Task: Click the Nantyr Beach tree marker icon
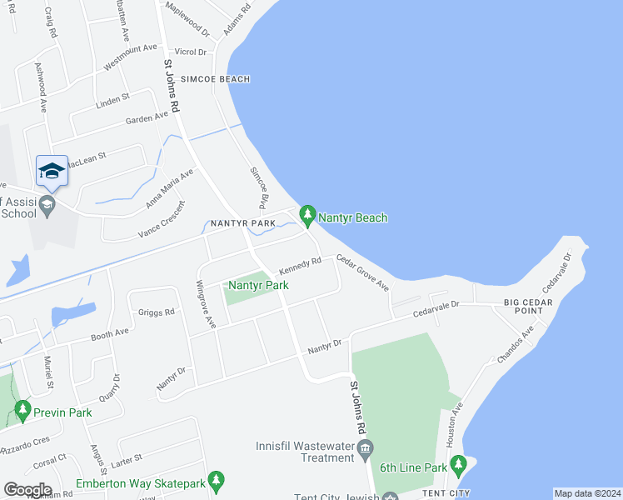point(308,217)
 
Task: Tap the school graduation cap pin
point(52,172)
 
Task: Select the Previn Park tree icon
point(22,411)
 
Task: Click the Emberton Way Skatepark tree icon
point(216,482)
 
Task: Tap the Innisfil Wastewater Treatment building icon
point(366,452)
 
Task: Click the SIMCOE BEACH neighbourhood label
point(212,79)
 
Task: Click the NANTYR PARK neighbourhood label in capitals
point(242,223)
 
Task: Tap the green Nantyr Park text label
point(259,285)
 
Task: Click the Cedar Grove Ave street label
point(362,272)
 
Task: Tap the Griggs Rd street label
point(157,312)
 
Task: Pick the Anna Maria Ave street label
point(169,188)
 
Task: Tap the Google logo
point(27,490)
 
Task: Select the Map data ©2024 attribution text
point(586,493)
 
